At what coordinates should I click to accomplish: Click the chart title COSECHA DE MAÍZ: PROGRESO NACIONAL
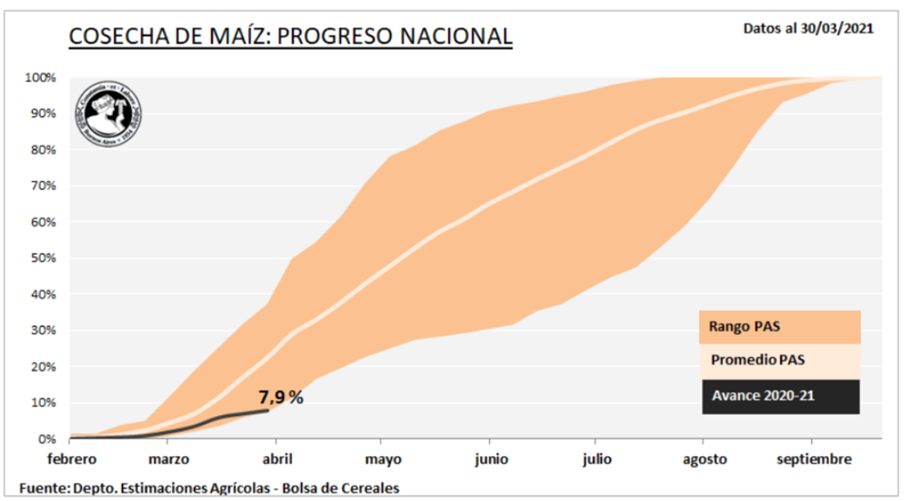pos(290,36)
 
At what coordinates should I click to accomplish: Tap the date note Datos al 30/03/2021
pos(808,28)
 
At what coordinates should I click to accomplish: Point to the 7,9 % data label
pos(281,398)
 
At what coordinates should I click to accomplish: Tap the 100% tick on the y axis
pos(41,78)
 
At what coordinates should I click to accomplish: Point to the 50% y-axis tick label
pos(44,259)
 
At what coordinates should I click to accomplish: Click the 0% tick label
pos(47,439)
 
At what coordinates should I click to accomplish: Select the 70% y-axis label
pos(44,186)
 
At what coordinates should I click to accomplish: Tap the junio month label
pos(491,460)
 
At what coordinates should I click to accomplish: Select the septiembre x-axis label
pos(812,460)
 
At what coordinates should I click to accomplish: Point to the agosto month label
pos(704,460)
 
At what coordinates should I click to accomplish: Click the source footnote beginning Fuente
pos(209,488)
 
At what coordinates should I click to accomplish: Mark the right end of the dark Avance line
pos(268,410)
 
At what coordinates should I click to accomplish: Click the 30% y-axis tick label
pos(44,331)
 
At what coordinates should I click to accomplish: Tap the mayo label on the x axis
pos(383,460)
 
